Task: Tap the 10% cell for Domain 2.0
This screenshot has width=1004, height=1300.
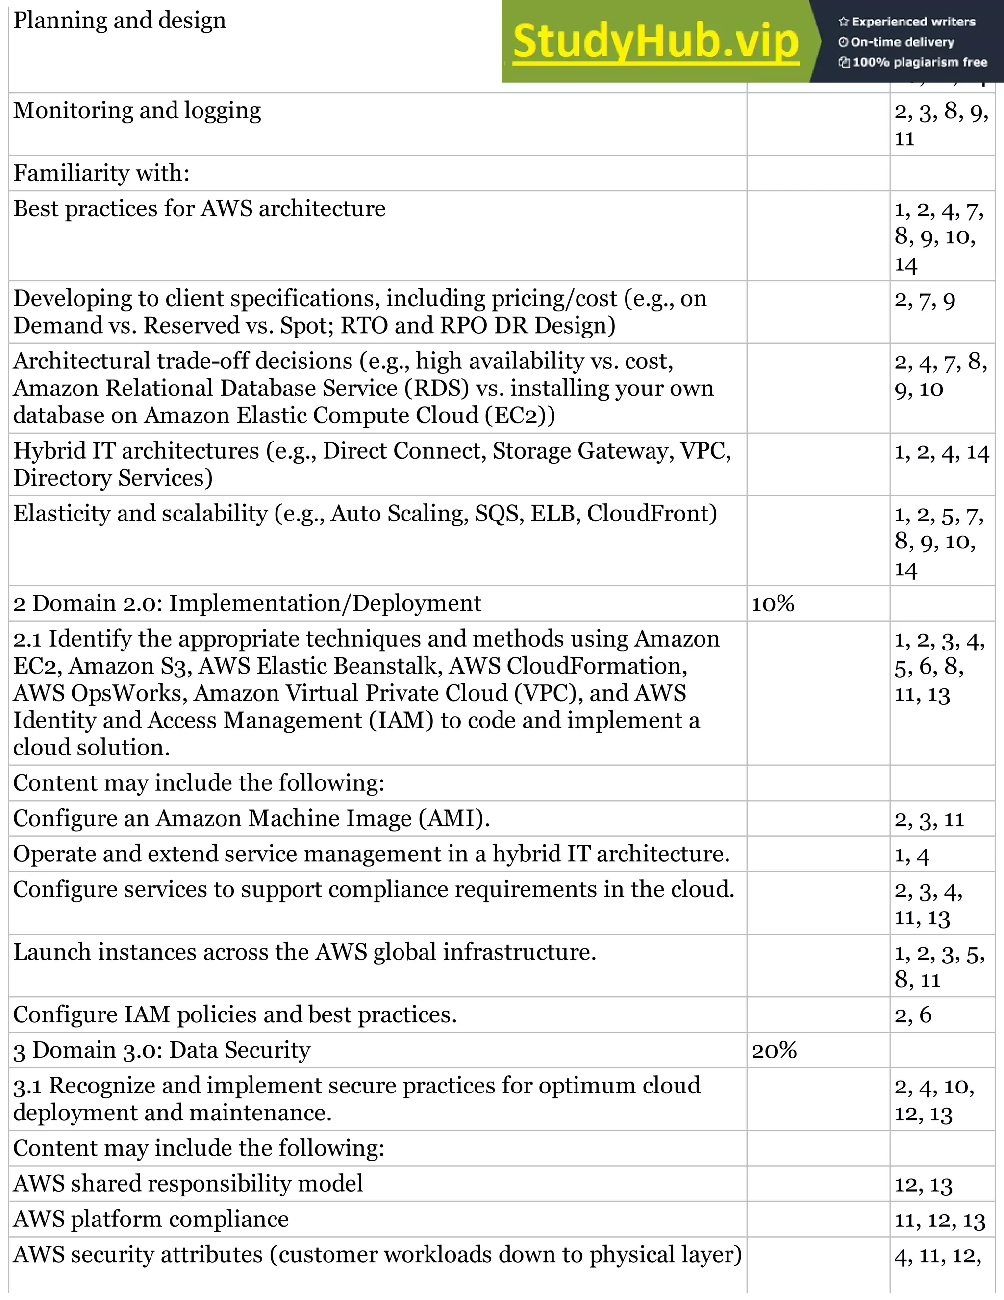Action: click(x=773, y=603)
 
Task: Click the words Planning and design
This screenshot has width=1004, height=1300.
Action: click(x=120, y=20)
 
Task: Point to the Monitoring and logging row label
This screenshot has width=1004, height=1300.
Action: click(x=137, y=111)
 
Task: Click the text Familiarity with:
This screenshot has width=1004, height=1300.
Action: click(x=101, y=173)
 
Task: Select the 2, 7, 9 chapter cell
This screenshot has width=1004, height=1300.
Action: click(x=924, y=300)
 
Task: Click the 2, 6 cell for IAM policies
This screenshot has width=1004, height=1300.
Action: click(x=912, y=1015)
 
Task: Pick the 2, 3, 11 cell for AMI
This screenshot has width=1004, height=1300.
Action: click(x=929, y=820)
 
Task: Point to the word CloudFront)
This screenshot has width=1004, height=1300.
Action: click(x=652, y=514)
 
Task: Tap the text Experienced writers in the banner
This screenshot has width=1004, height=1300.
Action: click(x=912, y=22)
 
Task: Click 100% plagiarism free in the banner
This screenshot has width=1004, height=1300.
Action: click(x=919, y=62)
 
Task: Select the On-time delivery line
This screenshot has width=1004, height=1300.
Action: click(x=902, y=42)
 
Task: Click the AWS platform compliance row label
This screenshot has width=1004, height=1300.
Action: click(x=151, y=1219)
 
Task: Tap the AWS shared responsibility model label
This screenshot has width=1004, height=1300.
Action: click(x=188, y=1183)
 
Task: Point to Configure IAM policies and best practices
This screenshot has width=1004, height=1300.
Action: click(x=235, y=1014)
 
